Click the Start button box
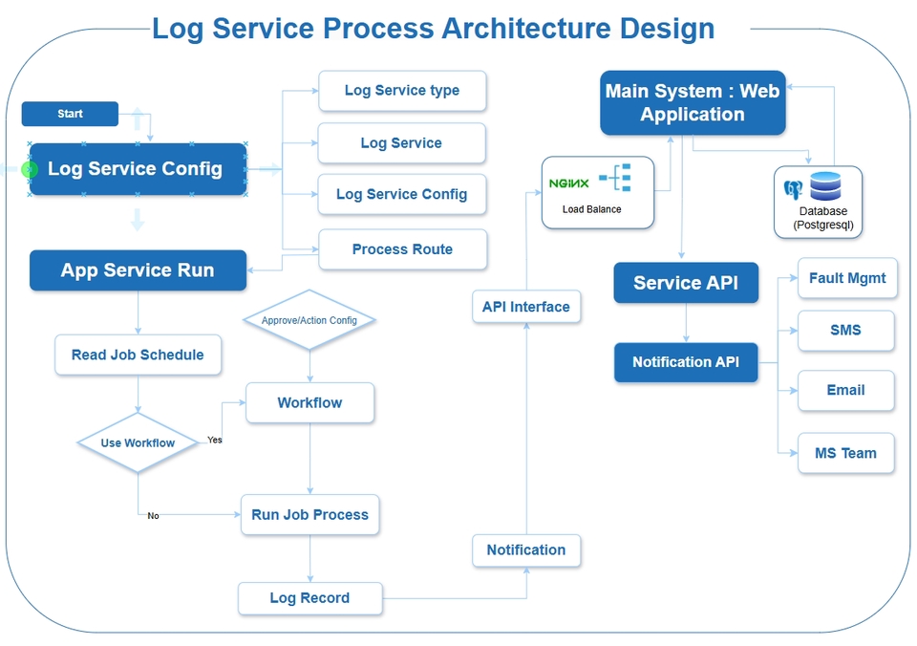click(70, 114)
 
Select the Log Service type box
click(402, 91)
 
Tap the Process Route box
click(402, 249)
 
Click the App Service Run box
click(138, 270)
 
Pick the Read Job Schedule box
click(138, 355)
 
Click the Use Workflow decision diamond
click(138, 442)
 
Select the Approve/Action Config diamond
click(309, 320)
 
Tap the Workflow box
click(309, 403)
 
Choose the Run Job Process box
click(309, 515)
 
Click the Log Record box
click(309, 598)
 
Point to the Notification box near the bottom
click(526, 550)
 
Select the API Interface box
click(526, 307)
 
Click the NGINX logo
click(569, 183)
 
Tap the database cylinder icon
click(822, 187)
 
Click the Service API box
click(686, 283)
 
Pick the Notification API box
click(686, 362)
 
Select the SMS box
click(845, 331)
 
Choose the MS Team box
click(845, 453)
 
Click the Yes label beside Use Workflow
click(215, 441)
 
